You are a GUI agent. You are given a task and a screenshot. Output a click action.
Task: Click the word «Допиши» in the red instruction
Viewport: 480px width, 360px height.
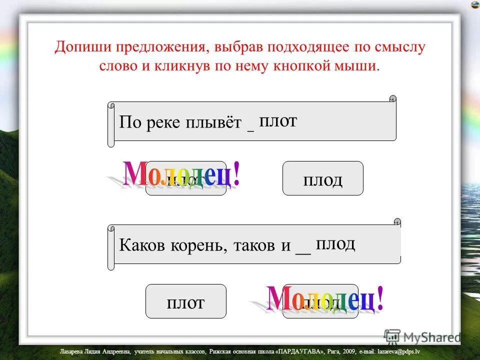tap(83, 48)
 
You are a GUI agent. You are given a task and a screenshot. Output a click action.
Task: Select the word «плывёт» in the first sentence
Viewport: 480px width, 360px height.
tap(215, 123)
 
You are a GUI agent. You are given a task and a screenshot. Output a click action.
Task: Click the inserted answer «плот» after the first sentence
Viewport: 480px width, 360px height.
tap(278, 120)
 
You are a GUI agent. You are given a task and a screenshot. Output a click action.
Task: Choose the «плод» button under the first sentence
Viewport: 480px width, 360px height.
tap(322, 179)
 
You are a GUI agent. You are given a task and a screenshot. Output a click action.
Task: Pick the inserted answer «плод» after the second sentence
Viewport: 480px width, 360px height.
tap(335, 243)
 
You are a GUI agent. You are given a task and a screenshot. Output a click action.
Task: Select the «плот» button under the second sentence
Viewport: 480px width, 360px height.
tap(185, 301)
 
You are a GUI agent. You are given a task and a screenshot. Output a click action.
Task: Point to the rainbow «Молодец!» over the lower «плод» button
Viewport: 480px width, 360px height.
tap(325, 300)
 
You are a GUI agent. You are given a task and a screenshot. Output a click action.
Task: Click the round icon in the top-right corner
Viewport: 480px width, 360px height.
tap(473, 4)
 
